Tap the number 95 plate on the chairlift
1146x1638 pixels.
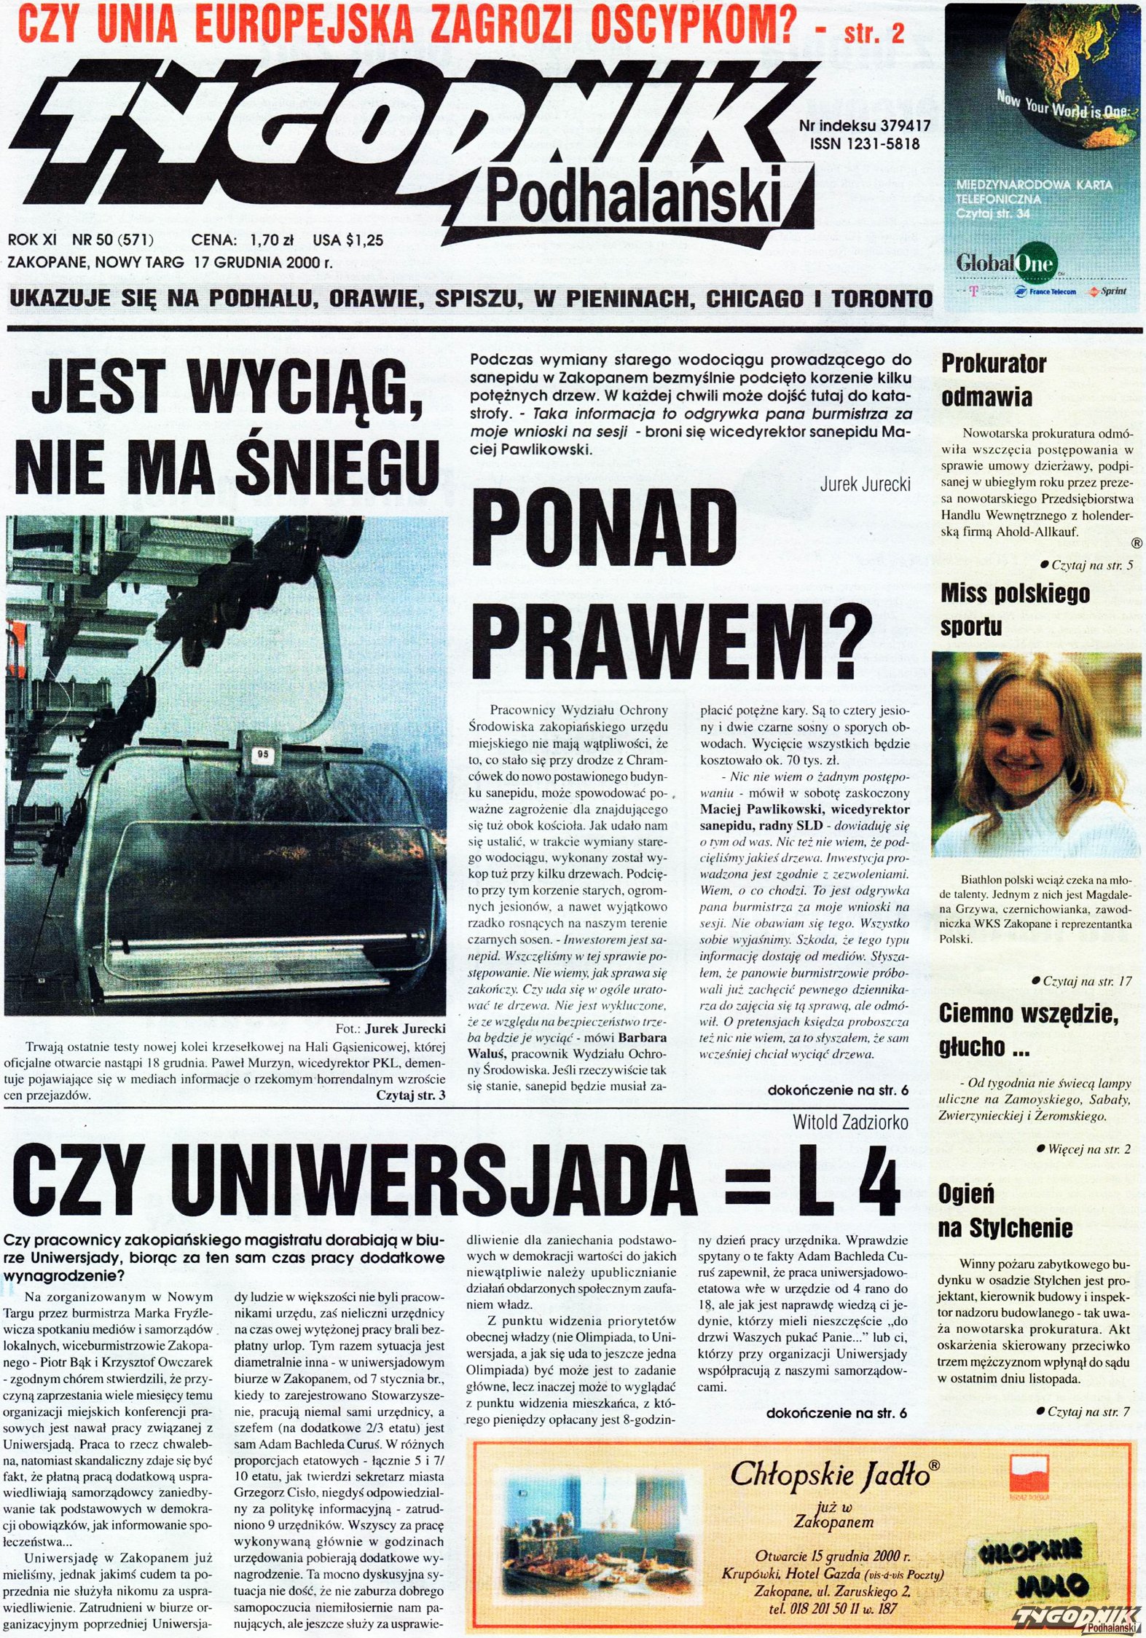pos(263,755)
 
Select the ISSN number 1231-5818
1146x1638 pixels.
pos(864,144)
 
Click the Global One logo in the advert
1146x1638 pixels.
pos(1006,262)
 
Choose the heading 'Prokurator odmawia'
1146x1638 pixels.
pos(993,379)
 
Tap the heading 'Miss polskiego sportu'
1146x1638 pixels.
pos(1014,610)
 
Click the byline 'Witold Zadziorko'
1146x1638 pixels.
pos(850,1122)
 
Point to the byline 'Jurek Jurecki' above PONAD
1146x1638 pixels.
pos(865,484)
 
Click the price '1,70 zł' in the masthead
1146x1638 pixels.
pos(271,240)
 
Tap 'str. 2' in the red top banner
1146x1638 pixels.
pos(874,33)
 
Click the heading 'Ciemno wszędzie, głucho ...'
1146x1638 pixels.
pos(1028,1030)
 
